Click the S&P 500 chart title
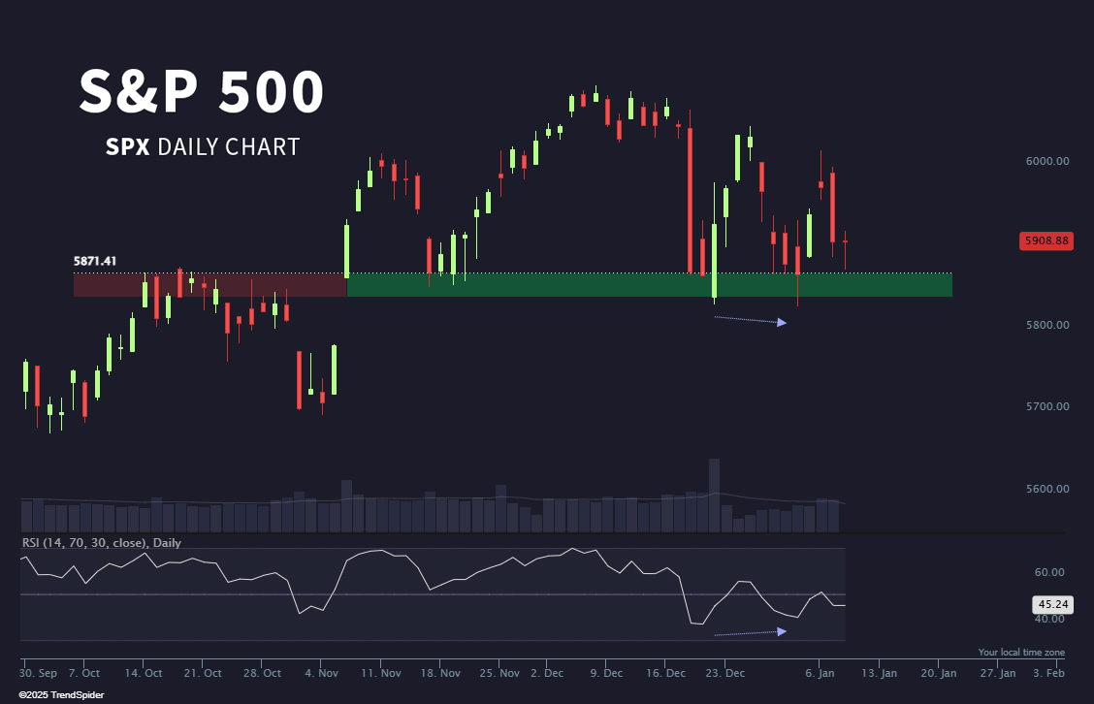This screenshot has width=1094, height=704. (202, 93)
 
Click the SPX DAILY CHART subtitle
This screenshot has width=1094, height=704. (203, 147)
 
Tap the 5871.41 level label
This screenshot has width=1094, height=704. (95, 261)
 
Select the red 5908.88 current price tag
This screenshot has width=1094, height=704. (1046, 240)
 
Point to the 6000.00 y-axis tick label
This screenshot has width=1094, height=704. (1046, 160)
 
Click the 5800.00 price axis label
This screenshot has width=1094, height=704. (1046, 324)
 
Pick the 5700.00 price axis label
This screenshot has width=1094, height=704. (1046, 406)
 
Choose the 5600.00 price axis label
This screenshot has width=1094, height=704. (1046, 489)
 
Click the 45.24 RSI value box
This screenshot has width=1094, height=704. (1052, 603)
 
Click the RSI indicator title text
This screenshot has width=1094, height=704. (102, 543)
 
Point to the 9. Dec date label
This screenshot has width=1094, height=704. (606, 672)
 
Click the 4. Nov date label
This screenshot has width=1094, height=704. (321, 672)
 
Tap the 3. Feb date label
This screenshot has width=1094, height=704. (1050, 672)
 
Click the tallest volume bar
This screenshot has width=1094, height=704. (714, 495)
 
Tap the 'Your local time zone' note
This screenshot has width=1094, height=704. (1021, 653)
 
